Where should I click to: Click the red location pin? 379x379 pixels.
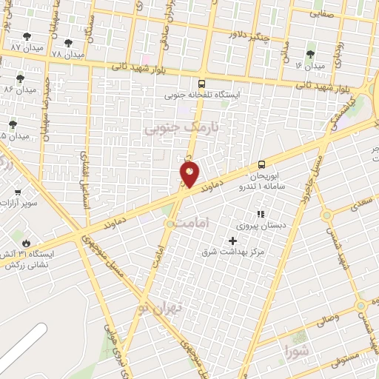pyautogui.click(x=190, y=175)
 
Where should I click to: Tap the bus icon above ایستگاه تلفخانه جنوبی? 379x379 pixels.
pyautogui.click(x=202, y=84)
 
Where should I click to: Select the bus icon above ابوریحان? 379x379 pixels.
pyautogui.click(x=261, y=164)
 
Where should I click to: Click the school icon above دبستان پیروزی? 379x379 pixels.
pyautogui.click(x=260, y=214)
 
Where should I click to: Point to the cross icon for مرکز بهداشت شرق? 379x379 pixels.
pyautogui.click(x=233, y=241)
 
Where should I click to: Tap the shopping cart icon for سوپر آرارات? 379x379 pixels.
pyautogui.click(x=17, y=192)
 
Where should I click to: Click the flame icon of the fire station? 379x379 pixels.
pyautogui.click(x=27, y=242)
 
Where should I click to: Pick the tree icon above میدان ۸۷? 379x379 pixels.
pyautogui.click(x=27, y=36)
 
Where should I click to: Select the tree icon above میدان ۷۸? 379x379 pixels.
pyautogui.click(x=69, y=43)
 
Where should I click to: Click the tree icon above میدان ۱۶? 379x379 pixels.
pyautogui.click(x=310, y=53)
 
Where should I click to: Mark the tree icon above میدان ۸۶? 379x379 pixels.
pyautogui.click(x=20, y=78)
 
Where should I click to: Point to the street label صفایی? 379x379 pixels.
pyautogui.click(x=321, y=13)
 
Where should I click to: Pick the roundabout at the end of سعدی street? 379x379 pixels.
pyautogui.click(x=326, y=216)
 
